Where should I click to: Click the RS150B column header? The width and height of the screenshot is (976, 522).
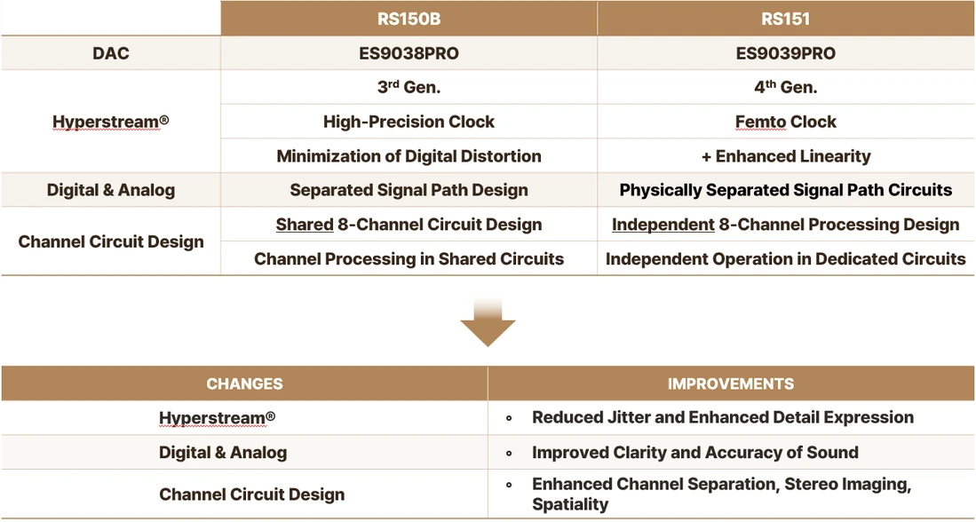click(x=409, y=19)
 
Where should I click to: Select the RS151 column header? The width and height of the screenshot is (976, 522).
click(x=786, y=19)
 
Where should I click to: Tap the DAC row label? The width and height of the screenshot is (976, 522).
click(x=111, y=53)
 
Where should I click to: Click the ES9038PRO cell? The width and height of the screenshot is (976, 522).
click(x=409, y=53)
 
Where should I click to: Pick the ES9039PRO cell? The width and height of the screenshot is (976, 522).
click(x=786, y=53)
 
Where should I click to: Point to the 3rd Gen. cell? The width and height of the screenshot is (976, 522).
click(x=409, y=87)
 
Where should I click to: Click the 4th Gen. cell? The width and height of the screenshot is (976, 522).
click(x=786, y=87)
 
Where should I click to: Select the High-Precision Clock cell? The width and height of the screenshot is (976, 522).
click(x=409, y=122)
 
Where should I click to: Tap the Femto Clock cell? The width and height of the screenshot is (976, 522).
click(x=786, y=122)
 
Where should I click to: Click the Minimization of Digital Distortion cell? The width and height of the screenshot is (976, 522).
click(x=409, y=155)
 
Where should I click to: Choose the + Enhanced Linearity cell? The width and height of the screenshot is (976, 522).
click(x=786, y=155)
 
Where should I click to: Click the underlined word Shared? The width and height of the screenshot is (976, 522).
click(x=305, y=224)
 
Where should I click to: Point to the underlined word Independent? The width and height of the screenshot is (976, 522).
click(x=663, y=224)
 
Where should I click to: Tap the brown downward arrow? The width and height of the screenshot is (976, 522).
click(x=488, y=322)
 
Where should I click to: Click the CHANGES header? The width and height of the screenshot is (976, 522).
click(x=244, y=384)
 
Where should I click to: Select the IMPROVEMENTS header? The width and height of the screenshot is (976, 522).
click(x=732, y=384)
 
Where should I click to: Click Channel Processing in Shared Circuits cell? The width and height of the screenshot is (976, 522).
click(x=409, y=258)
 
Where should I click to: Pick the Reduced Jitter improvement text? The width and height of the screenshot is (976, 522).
click(x=723, y=417)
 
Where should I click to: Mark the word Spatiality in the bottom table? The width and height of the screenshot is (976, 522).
click(x=569, y=504)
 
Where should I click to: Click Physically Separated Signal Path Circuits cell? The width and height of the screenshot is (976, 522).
click(x=786, y=190)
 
